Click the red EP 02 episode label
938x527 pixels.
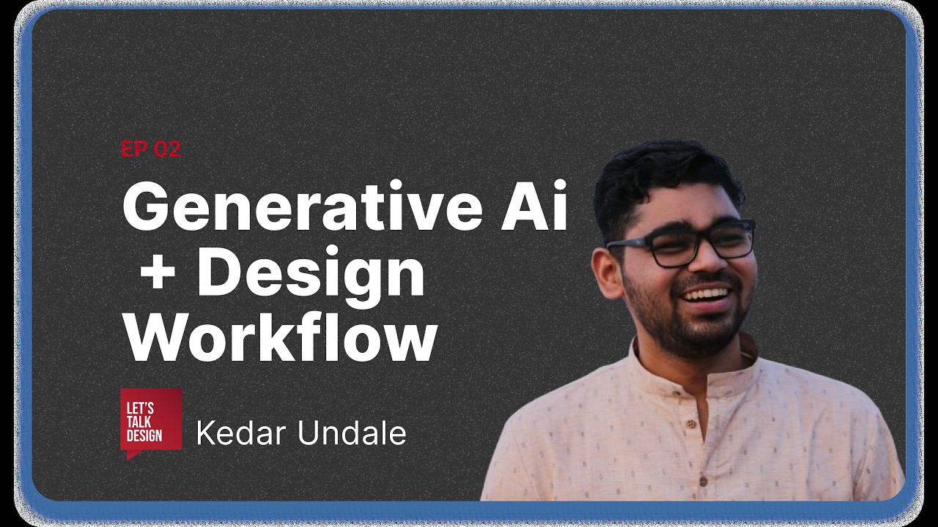(x=150, y=149)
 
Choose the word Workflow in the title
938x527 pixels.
(x=279, y=337)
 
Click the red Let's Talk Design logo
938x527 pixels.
(x=151, y=422)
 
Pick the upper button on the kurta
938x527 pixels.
(x=690, y=424)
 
